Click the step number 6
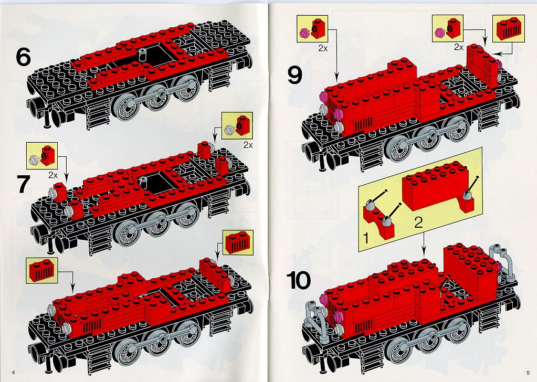(23, 57)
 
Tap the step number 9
(295, 76)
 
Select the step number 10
(299, 281)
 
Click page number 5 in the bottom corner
(528, 373)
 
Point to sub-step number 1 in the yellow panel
(366, 238)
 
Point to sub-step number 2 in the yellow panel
(418, 222)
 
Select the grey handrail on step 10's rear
(502, 262)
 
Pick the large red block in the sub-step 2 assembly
(436, 184)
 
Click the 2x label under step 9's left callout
(323, 48)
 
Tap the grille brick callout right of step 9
(508, 28)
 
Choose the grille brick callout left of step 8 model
(42, 270)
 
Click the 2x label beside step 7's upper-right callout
(248, 145)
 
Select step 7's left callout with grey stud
(42, 156)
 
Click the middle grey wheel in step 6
(157, 99)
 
